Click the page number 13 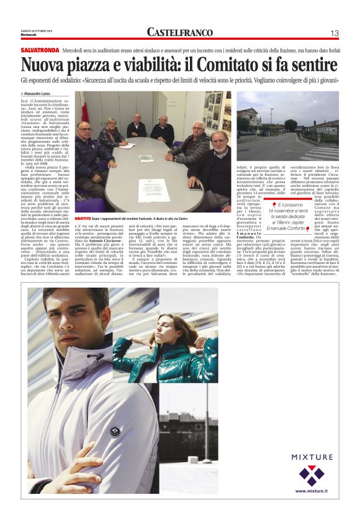[334, 32]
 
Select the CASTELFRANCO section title [179, 32]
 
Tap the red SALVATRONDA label [40, 49]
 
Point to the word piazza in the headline [86, 65]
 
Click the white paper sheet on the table [154, 190]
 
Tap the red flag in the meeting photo [85, 112]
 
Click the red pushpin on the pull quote [274, 202]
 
